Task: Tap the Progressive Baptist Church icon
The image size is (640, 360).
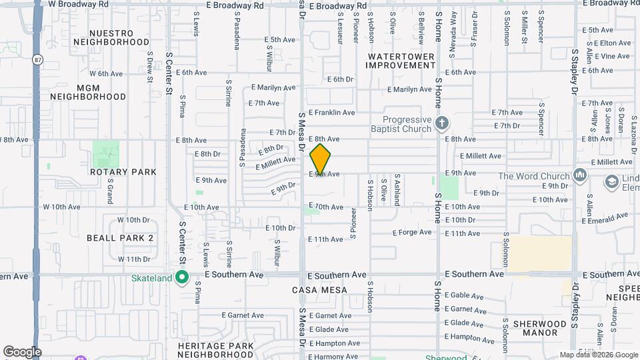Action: tap(441, 123)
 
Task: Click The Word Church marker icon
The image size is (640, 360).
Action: tap(580, 176)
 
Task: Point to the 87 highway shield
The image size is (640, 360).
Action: tap(37, 59)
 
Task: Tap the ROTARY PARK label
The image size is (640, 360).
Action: tap(123, 172)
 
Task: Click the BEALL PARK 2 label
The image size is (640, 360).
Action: tap(120, 237)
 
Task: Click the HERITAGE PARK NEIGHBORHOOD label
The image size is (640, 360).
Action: tap(216, 351)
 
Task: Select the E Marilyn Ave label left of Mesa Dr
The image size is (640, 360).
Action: tap(273, 87)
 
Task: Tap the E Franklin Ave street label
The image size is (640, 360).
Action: tap(331, 113)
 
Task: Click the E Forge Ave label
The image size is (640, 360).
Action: tap(413, 233)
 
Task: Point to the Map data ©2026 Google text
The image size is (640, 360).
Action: tap(598, 355)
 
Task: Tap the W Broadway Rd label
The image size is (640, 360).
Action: tap(79, 4)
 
